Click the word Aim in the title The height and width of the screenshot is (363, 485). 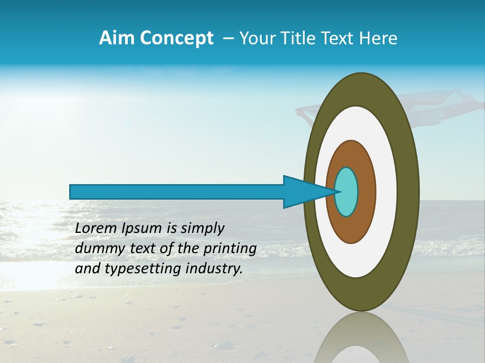coord(117,38)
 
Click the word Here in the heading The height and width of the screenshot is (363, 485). coord(378,38)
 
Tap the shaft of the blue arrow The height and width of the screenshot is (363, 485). coord(177,192)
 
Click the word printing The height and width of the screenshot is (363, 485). coord(230,249)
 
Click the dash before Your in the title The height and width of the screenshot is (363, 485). coord(228,39)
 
